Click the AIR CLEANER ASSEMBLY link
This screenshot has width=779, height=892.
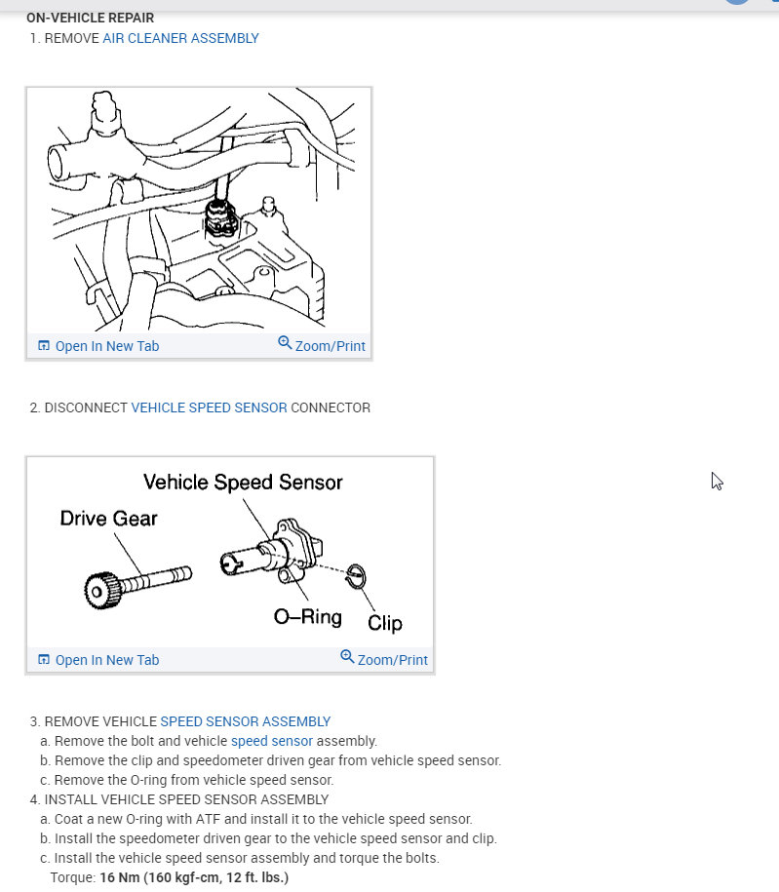[180, 38]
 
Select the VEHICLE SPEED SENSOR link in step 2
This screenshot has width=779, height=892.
[209, 407]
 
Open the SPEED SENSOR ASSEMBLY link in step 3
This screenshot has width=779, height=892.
[245, 721]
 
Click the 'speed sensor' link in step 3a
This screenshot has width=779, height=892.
[271, 741]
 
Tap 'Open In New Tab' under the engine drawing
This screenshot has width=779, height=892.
[98, 346]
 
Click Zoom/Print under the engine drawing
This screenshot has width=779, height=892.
[322, 346]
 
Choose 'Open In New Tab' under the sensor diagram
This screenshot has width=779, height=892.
[98, 660]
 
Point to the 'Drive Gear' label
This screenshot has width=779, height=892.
[108, 518]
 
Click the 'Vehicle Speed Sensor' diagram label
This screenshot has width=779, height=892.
[243, 482]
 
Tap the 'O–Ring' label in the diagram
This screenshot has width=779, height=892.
[308, 617]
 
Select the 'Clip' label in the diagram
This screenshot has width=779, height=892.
[384, 623]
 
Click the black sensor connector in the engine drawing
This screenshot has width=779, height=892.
[221, 218]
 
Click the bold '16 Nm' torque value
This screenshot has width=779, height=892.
[121, 877]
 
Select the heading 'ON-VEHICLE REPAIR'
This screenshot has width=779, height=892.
[90, 18]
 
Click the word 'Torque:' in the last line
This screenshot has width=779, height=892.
[73, 877]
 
